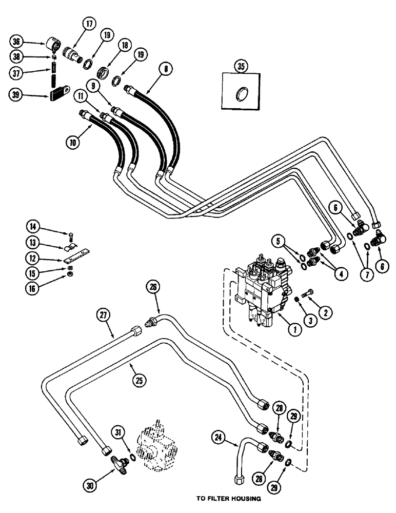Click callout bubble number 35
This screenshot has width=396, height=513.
pos(240,66)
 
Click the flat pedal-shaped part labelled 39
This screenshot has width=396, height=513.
pos(61,96)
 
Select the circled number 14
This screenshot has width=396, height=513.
pos(33,225)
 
